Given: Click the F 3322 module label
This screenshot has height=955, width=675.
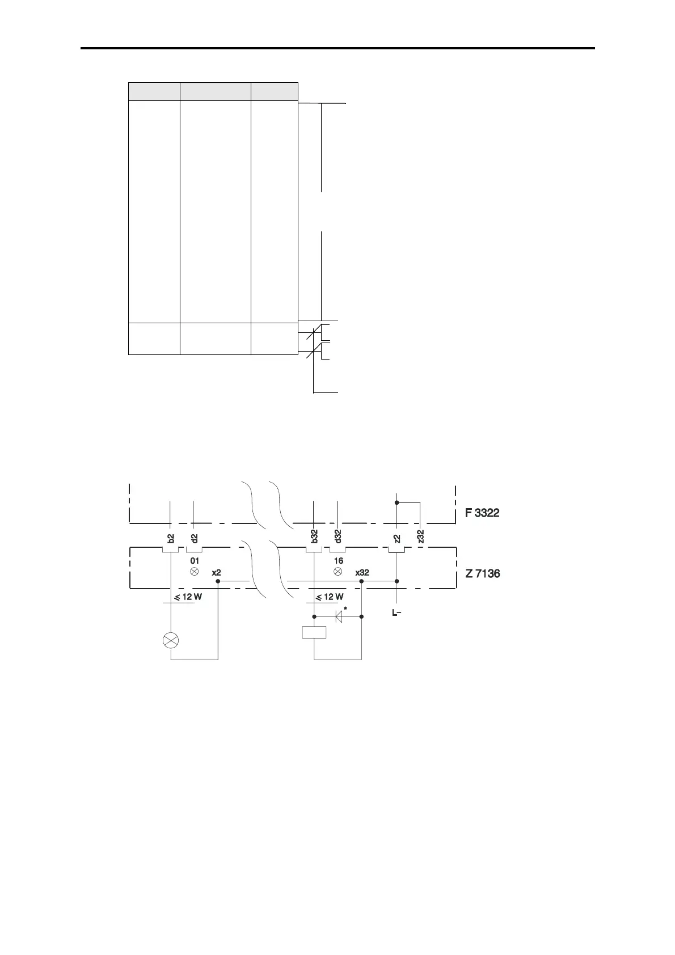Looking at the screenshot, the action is pyautogui.click(x=482, y=513).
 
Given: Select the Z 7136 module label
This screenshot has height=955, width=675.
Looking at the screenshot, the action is pyautogui.click(x=483, y=573).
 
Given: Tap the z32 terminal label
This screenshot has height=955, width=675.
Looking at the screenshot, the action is pyautogui.click(x=420, y=536).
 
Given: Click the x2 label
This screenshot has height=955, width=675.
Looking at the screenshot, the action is pyautogui.click(x=216, y=573).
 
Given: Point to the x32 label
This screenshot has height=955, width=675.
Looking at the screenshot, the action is pyautogui.click(x=362, y=573).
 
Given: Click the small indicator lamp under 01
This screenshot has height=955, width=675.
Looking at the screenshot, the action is pyautogui.click(x=195, y=572).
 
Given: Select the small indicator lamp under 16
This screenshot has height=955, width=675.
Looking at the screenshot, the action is pyautogui.click(x=338, y=572).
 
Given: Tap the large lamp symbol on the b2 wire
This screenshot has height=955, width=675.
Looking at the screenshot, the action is pyautogui.click(x=171, y=641).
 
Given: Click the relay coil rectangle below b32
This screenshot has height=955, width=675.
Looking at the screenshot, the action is pyautogui.click(x=314, y=632).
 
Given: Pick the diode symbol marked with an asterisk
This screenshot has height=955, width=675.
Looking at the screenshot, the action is pyautogui.click(x=339, y=616).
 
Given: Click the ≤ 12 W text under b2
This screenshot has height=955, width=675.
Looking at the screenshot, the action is pyautogui.click(x=187, y=597).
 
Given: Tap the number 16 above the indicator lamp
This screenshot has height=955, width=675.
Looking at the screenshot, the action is pyautogui.click(x=338, y=561).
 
